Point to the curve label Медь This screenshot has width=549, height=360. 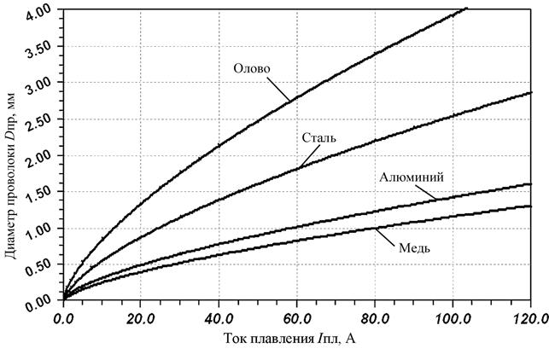coord(413,247)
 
